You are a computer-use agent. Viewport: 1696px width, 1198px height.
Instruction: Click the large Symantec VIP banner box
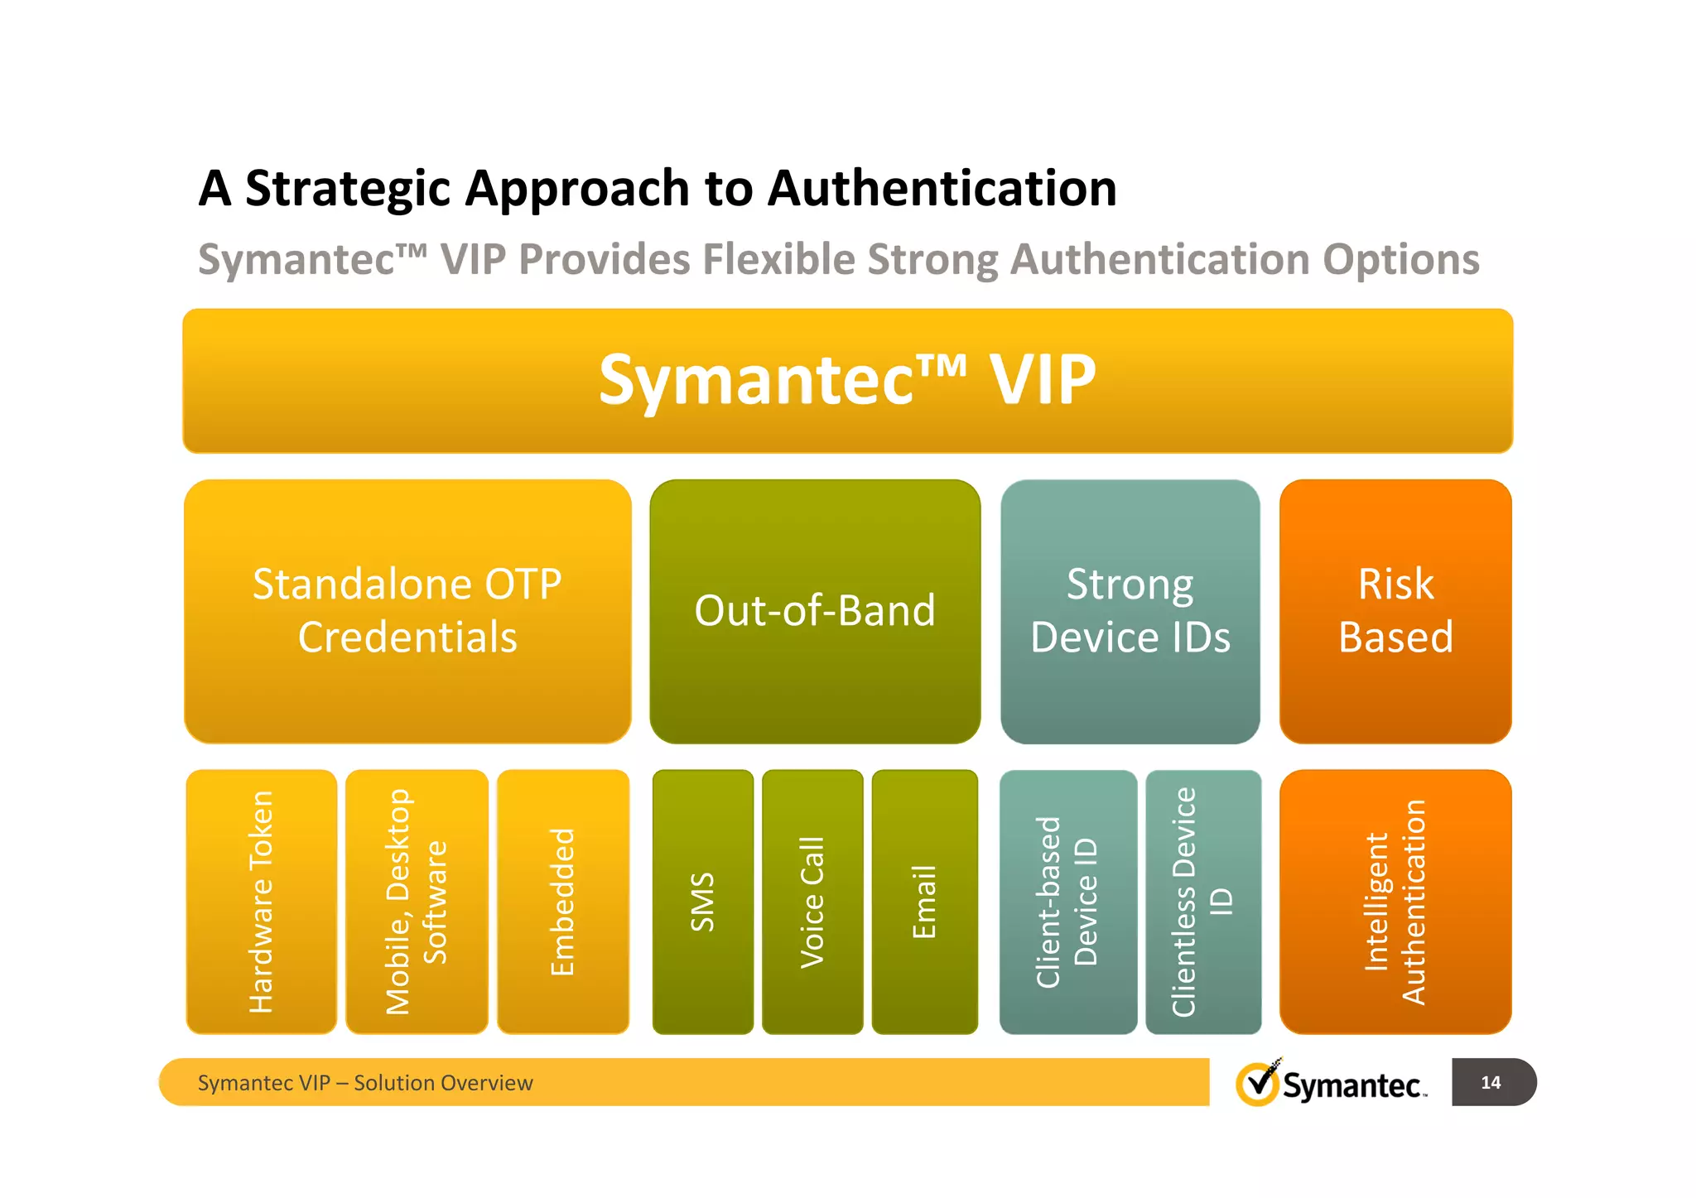[x=847, y=381]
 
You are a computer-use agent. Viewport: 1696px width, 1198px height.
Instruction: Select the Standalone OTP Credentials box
[x=407, y=611]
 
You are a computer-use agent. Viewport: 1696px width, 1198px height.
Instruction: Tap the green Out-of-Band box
[x=815, y=611]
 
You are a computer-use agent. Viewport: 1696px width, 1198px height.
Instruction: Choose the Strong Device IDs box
[x=1130, y=611]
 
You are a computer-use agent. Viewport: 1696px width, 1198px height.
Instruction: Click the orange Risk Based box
[x=1395, y=611]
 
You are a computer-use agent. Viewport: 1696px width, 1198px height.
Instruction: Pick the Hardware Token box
[x=261, y=902]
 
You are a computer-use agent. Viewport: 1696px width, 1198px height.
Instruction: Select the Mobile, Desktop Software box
[x=417, y=902]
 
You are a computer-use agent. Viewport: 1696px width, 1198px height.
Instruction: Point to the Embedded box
[x=563, y=902]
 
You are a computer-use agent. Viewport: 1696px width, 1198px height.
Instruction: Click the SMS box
[x=703, y=902]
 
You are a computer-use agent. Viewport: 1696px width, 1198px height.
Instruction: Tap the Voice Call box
[x=812, y=902]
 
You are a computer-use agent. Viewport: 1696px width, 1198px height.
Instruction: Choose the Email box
[x=924, y=902]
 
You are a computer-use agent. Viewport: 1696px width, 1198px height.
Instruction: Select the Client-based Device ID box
[x=1067, y=902]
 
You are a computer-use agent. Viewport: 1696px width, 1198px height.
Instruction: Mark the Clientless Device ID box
[x=1203, y=902]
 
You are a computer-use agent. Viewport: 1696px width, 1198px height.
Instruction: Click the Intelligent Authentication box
[x=1395, y=902]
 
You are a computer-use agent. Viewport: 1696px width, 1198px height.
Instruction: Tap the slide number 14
[x=1491, y=1082]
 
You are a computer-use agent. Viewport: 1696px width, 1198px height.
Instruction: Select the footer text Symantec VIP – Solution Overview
[x=365, y=1083]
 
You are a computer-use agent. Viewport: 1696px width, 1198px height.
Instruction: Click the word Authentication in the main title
[x=942, y=189]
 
